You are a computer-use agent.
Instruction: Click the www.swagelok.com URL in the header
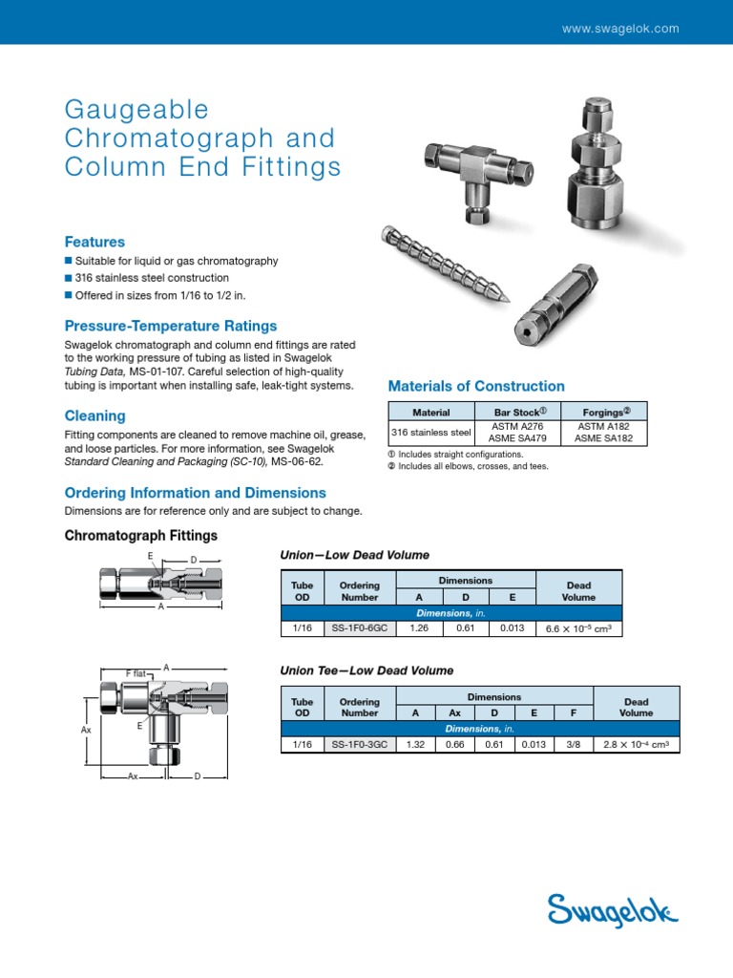(x=620, y=29)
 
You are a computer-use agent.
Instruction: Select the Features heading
(x=94, y=242)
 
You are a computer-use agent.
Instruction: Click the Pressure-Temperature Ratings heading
(x=170, y=326)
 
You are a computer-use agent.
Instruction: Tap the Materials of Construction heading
(x=476, y=386)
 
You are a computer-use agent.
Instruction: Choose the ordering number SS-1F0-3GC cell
(x=360, y=744)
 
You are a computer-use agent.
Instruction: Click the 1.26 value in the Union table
(x=419, y=628)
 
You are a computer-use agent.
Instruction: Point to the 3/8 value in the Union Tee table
(x=573, y=744)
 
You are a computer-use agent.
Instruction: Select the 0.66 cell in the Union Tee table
(x=454, y=744)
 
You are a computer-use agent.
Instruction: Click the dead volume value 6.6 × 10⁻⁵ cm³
(x=578, y=628)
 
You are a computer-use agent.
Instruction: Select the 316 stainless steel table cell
(x=431, y=432)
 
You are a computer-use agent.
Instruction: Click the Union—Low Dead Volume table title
(x=354, y=555)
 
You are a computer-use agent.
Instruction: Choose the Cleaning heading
(x=94, y=415)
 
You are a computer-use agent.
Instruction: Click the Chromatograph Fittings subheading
(x=140, y=536)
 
